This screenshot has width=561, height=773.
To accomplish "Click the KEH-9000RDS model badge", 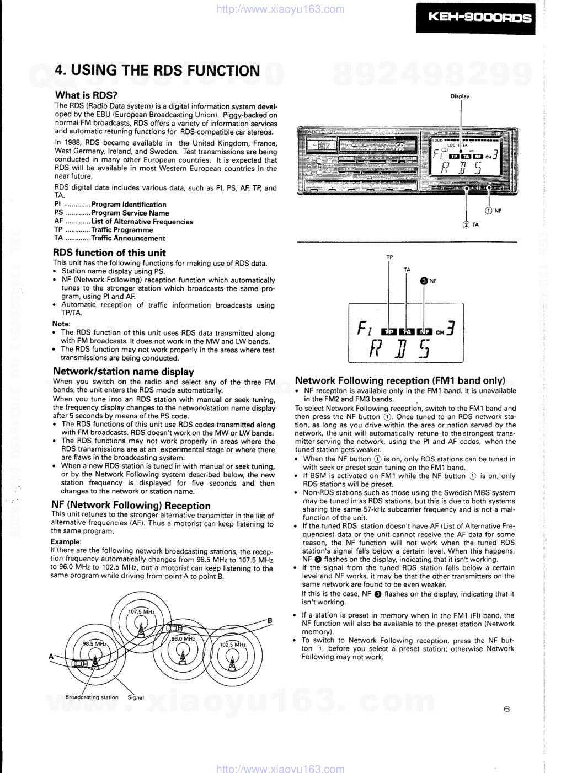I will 475,18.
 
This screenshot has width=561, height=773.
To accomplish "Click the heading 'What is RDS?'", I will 86,95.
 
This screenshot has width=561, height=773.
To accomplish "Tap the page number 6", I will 506,709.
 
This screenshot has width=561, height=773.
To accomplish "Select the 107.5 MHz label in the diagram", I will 141,611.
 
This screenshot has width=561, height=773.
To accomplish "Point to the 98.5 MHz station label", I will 94,643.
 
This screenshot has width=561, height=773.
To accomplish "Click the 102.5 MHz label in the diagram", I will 233,644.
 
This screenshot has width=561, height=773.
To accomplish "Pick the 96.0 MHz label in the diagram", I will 183,638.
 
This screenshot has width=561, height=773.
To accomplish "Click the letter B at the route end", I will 270,620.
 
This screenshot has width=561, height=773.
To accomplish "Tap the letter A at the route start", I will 51,656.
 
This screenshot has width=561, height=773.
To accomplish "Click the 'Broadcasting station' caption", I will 92,697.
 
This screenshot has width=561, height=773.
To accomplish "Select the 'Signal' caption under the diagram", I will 136,697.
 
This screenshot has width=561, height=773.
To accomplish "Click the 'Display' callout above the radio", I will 460,96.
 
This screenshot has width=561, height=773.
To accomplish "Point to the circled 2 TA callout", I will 471,224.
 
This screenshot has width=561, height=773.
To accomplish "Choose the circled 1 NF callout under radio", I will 493,211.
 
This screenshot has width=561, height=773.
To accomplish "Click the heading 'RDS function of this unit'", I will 109,253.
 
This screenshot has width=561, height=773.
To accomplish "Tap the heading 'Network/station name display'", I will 124,372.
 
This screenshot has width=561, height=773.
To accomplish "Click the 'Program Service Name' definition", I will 130,213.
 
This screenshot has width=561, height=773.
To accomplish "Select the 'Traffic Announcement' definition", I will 128,238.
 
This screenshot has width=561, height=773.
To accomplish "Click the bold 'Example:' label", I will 66,541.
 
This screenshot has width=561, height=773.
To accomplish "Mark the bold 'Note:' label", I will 61,324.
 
